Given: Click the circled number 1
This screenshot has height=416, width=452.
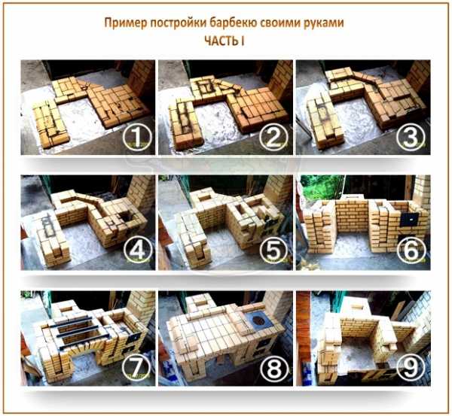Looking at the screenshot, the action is click(x=137, y=137).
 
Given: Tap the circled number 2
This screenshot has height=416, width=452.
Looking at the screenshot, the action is click(x=274, y=137).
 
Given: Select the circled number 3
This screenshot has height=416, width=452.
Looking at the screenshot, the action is click(x=411, y=137).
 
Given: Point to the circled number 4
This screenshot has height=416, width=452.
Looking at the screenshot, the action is click(x=138, y=250).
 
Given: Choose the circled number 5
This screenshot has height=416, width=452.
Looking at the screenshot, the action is click(x=274, y=250).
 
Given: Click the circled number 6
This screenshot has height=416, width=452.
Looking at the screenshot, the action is click(x=411, y=250).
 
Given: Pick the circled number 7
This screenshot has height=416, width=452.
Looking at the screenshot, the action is click(x=136, y=367).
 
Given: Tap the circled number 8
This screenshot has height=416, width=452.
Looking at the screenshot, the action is click(x=274, y=367).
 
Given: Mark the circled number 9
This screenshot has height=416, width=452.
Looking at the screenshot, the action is click(x=411, y=367).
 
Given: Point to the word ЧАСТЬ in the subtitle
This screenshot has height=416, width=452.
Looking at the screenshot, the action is click(x=221, y=41).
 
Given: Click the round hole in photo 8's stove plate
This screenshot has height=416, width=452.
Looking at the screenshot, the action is click(x=257, y=320).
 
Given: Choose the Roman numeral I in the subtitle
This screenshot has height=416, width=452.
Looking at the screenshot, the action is click(x=243, y=41).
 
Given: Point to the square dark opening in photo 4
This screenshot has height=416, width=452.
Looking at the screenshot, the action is click(x=125, y=214).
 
